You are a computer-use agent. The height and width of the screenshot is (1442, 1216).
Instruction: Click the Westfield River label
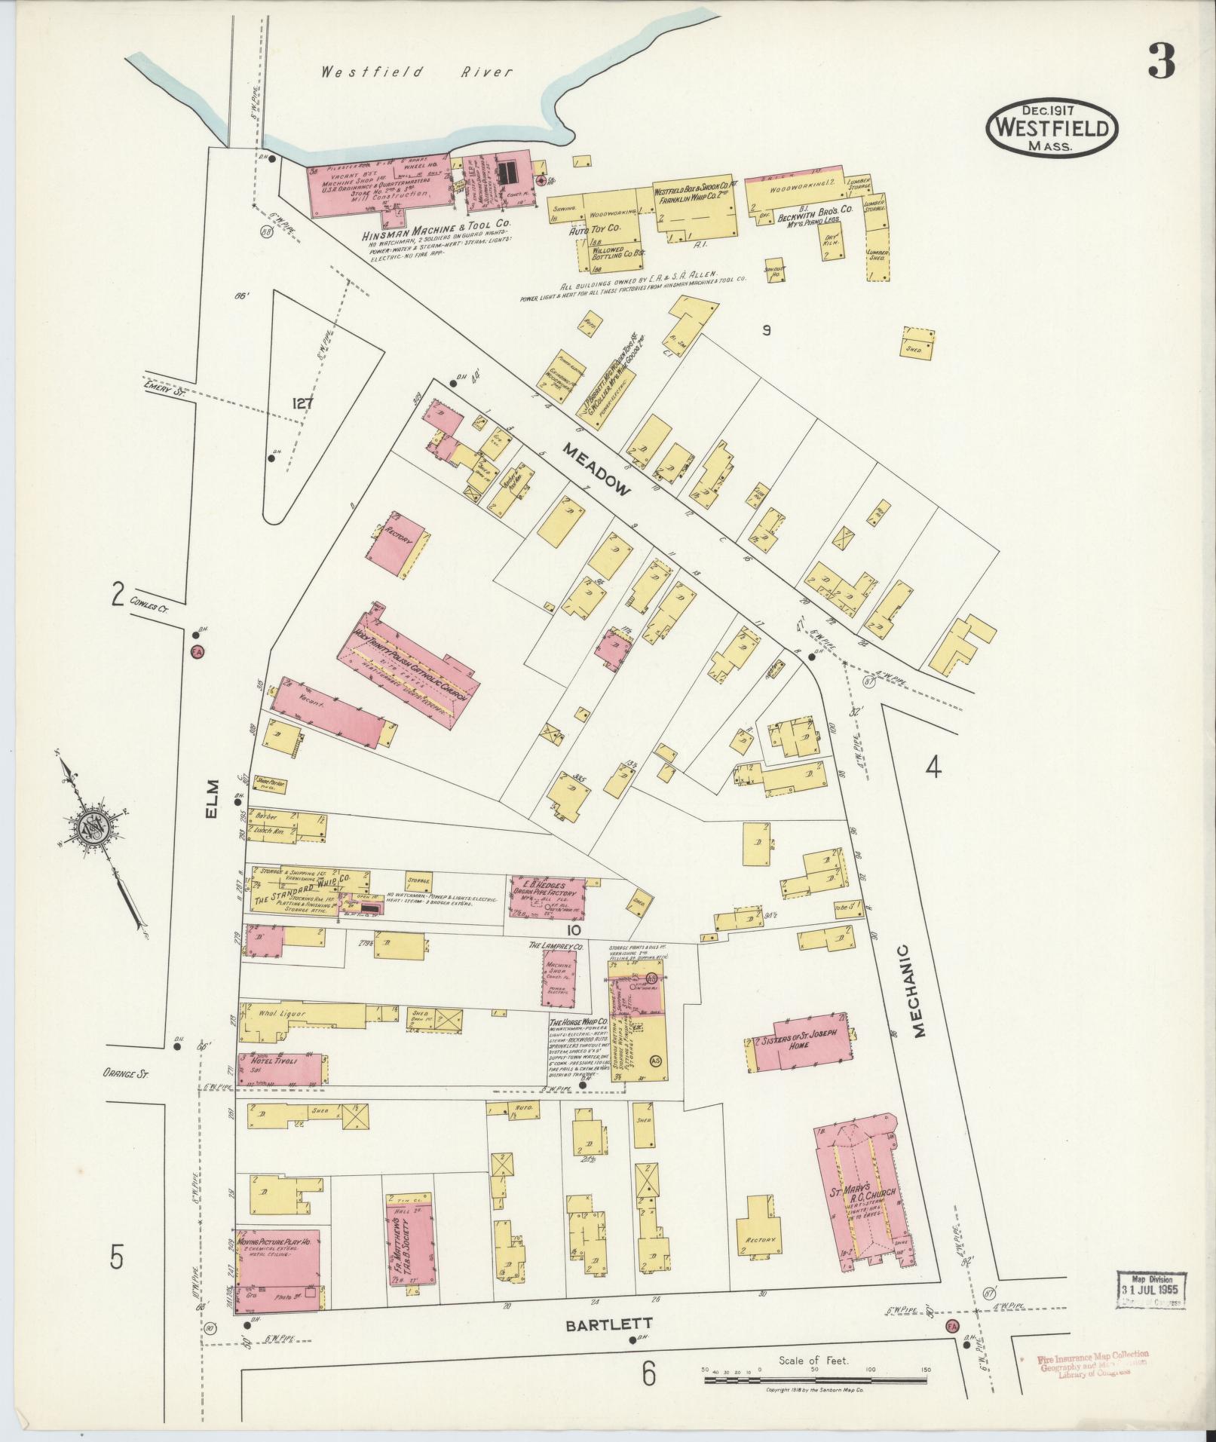coord(417,73)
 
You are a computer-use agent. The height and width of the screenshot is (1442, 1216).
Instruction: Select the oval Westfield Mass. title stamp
coord(1052,128)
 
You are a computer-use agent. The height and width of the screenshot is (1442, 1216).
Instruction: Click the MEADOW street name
coord(596,469)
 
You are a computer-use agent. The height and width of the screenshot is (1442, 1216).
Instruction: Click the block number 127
coord(302,403)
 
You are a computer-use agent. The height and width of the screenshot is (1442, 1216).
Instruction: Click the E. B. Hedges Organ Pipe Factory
coord(547,896)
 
